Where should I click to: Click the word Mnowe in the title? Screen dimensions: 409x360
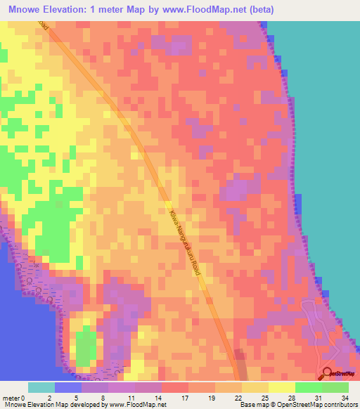[x=26, y=10]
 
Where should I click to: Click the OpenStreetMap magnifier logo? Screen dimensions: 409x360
[x=328, y=375]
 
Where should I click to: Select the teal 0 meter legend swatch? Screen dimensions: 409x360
[x=41, y=387]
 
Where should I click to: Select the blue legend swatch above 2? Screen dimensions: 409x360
[x=68, y=387]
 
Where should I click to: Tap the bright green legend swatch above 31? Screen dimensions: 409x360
[x=309, y=387]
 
